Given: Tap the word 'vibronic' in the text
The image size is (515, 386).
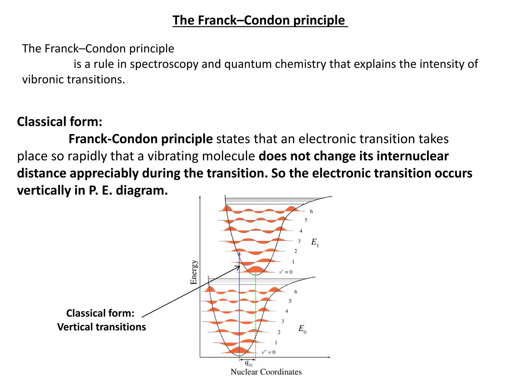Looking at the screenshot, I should (43, 80).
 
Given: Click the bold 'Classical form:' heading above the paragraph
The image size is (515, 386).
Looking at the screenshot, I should (60, 122).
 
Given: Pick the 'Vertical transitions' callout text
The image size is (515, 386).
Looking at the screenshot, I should (101, 327).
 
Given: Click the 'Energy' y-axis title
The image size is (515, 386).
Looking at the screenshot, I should (194, 272).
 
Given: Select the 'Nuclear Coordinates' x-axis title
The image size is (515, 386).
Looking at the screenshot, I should (266, 372).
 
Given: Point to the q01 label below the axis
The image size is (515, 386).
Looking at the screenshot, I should (248, 363).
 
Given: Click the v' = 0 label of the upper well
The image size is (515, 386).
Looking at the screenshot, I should (286, 272).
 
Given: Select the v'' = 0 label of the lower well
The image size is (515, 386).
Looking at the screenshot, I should (269, 352).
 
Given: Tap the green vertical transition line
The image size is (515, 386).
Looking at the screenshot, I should (255, 302).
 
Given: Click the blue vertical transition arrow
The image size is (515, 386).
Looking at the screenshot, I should (239, 302).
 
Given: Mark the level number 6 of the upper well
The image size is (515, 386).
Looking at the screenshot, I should (311, 212).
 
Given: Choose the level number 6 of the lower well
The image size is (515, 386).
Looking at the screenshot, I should (296, 292).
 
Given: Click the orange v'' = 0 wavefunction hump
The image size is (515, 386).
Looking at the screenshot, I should (239, 350).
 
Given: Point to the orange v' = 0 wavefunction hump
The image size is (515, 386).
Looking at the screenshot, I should (255, 270).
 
